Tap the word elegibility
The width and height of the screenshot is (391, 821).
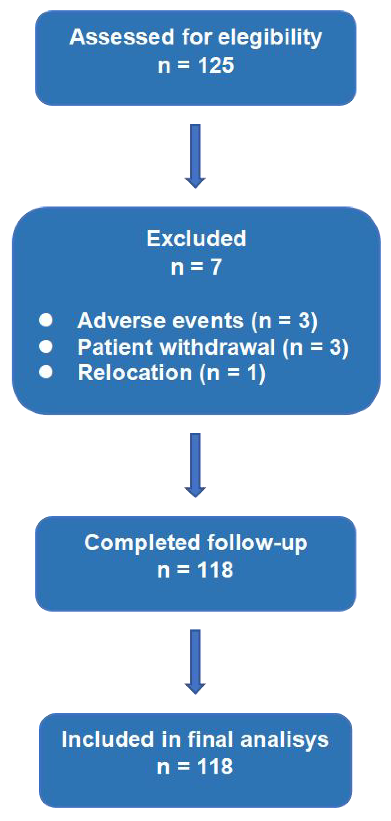coord(270,38)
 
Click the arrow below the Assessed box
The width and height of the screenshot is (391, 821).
coord(195,156)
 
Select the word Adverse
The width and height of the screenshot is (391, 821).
coord(121,321)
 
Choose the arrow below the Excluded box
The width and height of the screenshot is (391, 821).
coord(195,465)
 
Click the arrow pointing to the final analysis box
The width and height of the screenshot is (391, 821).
coord(195,661)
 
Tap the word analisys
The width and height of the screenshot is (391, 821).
coord(285,739)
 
